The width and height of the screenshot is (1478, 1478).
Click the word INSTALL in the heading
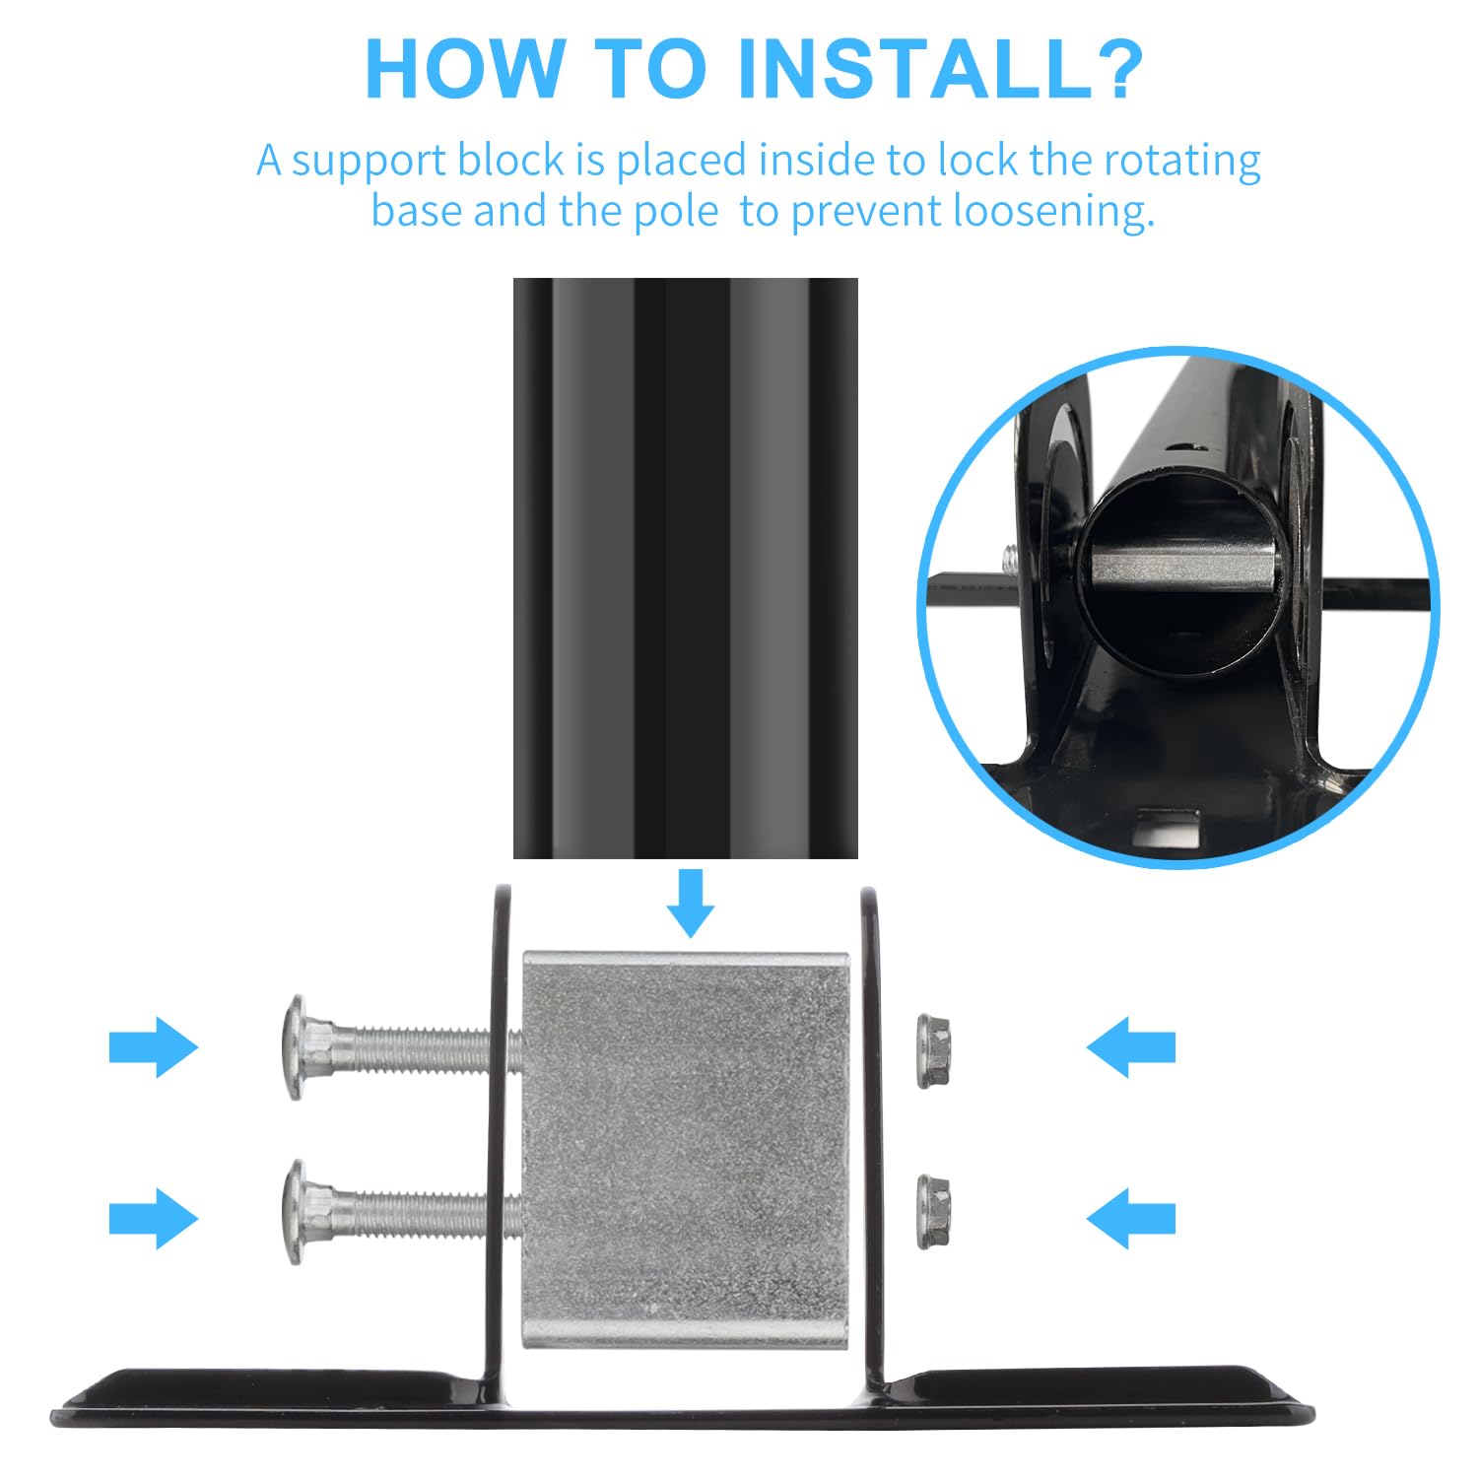(x=914, y=69)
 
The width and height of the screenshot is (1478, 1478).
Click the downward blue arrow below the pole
(x=690, y=903)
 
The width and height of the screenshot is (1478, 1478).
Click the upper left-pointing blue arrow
(x=1131, y=1046)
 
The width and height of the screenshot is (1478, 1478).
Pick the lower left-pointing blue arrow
(x=1131, y=1218)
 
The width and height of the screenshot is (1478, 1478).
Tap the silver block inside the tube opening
(x=1182, y=569)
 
